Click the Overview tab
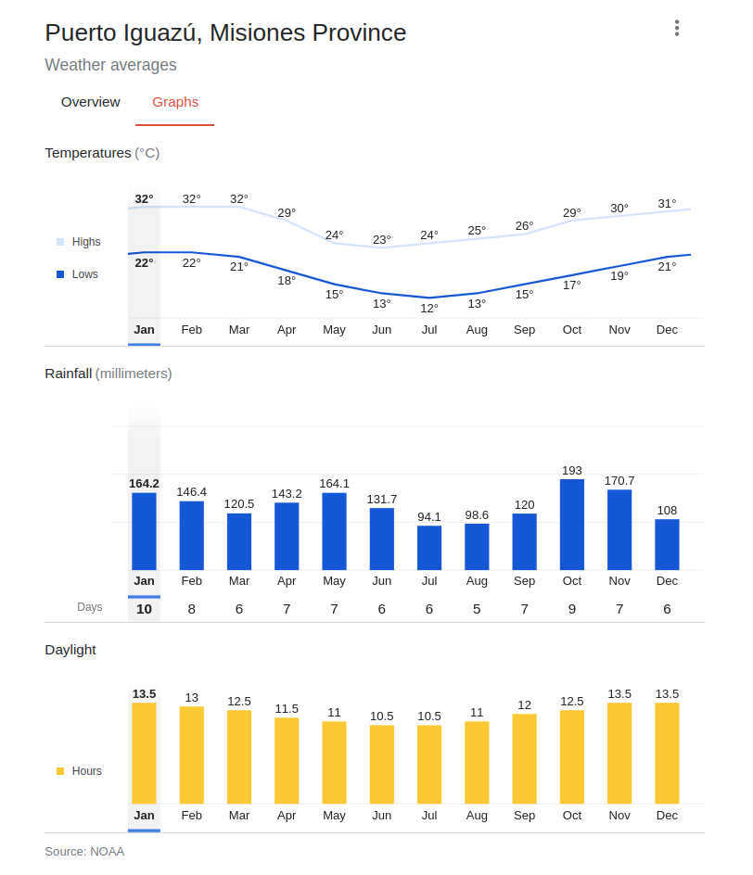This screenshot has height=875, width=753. (90, 102)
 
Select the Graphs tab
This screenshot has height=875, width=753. (175, 102)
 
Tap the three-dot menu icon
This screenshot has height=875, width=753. (677, 28)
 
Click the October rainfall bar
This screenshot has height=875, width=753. (572, 524)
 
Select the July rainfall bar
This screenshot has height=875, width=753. (429, 548)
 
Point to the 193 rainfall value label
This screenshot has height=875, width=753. (572, 471)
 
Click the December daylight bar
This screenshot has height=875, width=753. (667, 753)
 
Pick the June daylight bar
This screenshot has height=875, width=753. (382, 764)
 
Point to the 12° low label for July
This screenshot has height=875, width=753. (429, 309)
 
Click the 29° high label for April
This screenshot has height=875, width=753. (287, 213)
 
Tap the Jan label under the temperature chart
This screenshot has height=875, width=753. (144, 330)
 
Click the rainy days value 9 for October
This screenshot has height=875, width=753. (572, 609)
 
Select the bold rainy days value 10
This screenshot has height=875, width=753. (144, 609)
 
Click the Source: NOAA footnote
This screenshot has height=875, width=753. (84, 851)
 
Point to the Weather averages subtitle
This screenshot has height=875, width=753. (110, 65)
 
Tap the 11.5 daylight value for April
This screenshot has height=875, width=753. (287, 709)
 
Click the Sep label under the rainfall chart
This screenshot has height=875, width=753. (524, 581)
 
